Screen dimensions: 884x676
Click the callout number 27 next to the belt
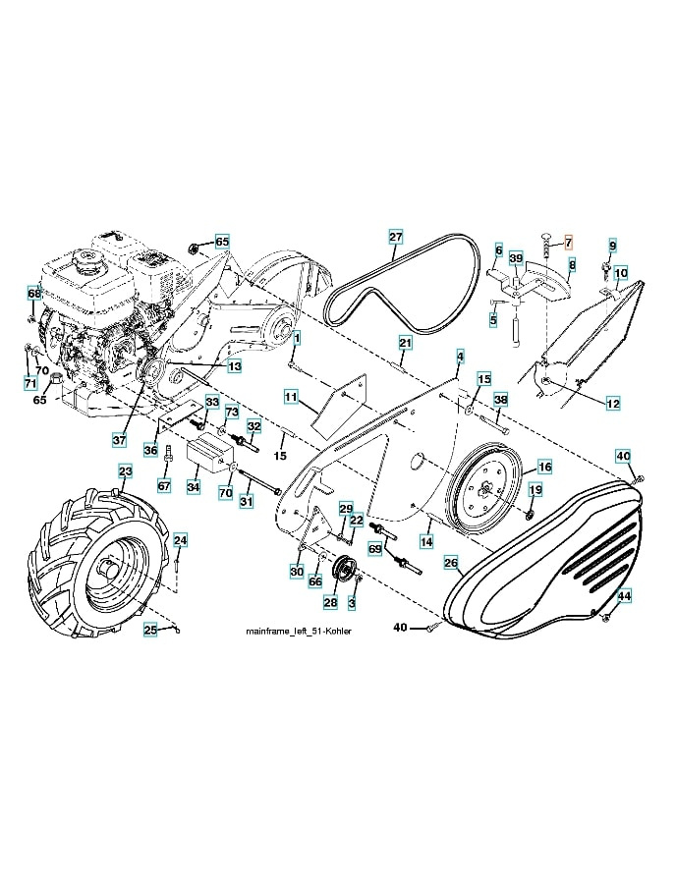point(395,237)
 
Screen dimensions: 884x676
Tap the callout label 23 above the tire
point(125,472)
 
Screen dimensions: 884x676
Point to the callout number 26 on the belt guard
point(450,563)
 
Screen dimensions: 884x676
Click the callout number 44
point(624,595)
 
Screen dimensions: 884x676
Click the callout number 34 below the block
point(194,486)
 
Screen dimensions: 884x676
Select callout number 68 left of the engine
point(34,293)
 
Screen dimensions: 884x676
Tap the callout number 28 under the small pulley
point(330,602)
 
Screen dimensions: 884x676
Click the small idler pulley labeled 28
point(345,571)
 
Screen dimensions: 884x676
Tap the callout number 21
point(405,342)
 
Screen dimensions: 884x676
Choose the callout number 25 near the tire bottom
point(150,630)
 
